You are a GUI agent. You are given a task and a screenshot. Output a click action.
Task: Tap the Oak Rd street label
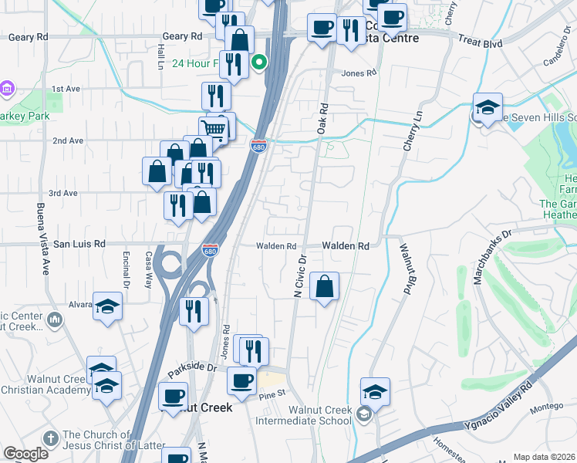322,120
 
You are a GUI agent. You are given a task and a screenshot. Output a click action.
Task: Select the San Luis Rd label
79,244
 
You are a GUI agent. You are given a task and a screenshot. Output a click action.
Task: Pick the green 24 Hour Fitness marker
260,63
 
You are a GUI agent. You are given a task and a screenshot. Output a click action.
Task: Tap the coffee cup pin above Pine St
241,380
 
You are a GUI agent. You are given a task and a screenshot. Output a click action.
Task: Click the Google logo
25,453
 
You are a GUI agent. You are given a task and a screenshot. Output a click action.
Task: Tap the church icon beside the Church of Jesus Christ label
51,438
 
